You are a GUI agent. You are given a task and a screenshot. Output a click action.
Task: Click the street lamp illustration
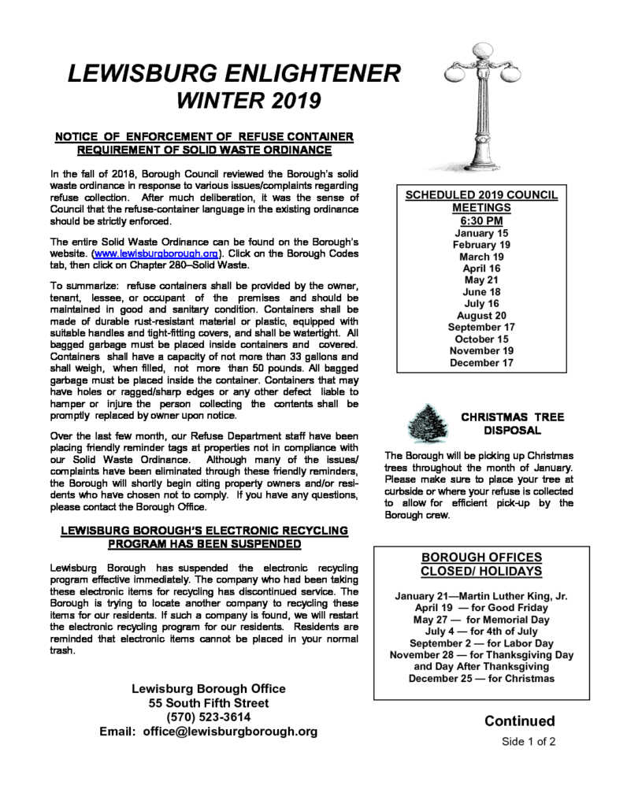(478, 110)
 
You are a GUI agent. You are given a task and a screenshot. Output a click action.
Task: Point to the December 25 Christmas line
(481, 678)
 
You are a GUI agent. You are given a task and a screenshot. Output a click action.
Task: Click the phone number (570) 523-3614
(208, 717)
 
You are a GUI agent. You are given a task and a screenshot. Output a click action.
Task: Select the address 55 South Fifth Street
(208, 703)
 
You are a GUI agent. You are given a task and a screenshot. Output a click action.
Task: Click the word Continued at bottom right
(519, 721)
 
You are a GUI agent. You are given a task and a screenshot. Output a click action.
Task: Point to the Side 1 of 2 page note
(529, 742)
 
